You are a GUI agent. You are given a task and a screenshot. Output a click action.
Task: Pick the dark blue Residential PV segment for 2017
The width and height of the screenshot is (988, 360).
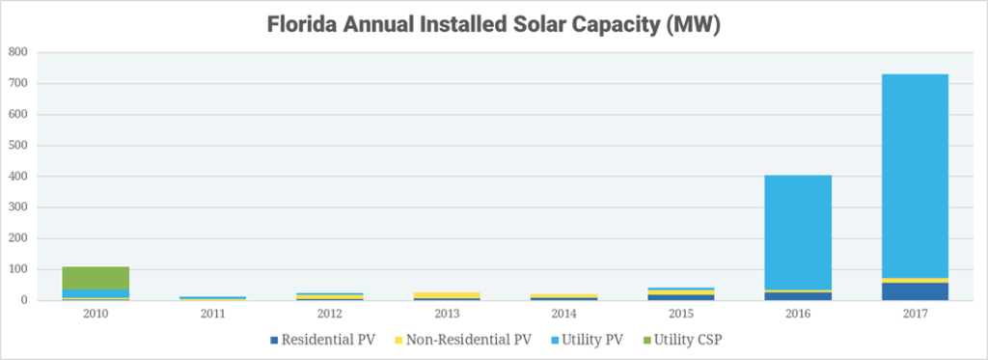(916, 291)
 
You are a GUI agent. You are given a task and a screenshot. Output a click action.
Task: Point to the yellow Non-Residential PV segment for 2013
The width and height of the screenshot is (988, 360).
(448, 295)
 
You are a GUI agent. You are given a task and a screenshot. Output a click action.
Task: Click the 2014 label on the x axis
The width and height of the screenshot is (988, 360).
(564, 315)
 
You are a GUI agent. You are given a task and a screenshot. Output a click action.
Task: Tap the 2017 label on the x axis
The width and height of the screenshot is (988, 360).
(916, 315)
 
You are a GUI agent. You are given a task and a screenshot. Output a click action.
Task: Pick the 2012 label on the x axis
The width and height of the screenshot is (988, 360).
(331, 315)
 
